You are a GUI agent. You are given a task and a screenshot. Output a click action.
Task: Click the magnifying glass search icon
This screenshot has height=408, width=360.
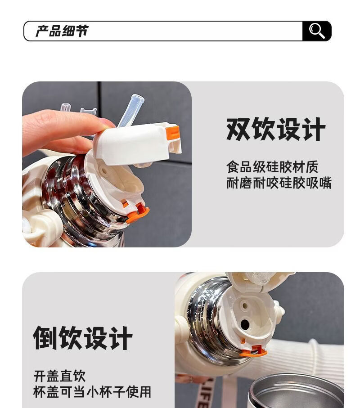click(x=317, y=31)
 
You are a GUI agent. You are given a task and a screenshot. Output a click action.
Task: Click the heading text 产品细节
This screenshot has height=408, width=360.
click(x=62, y=31)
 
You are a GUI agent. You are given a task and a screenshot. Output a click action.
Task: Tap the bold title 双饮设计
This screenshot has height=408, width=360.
click(x=276, y=129)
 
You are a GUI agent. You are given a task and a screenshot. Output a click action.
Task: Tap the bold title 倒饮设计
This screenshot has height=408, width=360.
click(x=83, y=338)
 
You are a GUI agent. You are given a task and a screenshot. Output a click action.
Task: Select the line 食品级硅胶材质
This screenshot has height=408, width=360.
click(x=272, y=167)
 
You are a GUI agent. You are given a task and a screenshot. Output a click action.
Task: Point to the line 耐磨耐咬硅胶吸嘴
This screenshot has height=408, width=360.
click(x=279, y=183)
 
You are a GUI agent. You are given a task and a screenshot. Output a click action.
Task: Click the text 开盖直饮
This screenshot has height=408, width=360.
click(x=59, y=376)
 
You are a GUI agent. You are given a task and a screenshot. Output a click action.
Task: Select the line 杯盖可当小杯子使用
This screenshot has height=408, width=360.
click(x=92, y=392)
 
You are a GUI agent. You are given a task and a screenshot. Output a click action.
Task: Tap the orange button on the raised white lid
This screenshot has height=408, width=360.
click(x=173, y=134)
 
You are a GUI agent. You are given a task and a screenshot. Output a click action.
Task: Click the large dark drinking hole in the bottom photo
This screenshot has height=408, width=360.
click(x=245, y=324)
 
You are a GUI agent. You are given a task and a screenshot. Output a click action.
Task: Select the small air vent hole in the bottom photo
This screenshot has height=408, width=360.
click(x=244, y=305)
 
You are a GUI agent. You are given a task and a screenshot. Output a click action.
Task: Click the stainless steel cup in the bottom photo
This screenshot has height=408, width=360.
click(x=296, y=391)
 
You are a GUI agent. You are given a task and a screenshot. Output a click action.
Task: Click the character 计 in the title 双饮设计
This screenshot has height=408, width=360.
click(x=314, y=129)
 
